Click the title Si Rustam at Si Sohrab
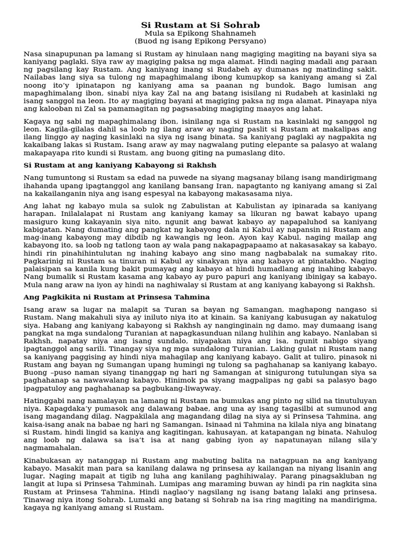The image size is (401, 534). (x=200, y=25)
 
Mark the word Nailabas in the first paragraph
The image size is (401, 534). (x=40, y=77)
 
